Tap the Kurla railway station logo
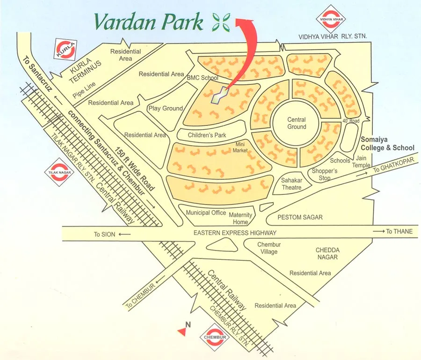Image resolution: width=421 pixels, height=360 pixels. [x=65, y=50]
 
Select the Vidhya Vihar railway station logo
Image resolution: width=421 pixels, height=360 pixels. [x=332, y=18]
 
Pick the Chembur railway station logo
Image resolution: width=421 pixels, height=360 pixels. [x=216, y=337]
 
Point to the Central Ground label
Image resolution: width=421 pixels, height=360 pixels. [x=297, y=123]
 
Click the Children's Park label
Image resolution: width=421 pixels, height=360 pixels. [x=207, y=135]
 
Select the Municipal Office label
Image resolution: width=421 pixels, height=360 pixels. [x=206, y=213]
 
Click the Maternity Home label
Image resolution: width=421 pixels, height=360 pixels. [x=241, y=218]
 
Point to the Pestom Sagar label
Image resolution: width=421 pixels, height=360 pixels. [x=300, y=218]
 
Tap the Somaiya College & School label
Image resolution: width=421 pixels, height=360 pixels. [x=387, y=143]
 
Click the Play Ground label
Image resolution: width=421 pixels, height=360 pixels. [x=165, y=108]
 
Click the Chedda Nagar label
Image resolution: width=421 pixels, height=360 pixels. [x=327, y=254]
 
